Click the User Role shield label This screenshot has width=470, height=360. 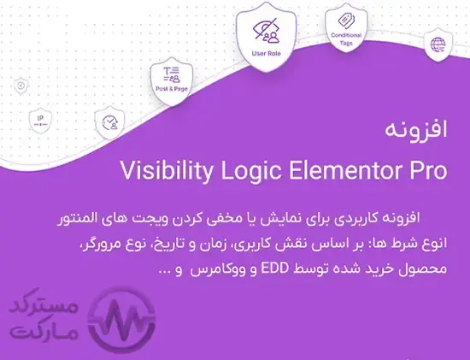[266, 54]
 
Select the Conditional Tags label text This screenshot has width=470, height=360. [346, 39]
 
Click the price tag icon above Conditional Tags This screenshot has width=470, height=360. [346, 21]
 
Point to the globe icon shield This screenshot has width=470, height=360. [438, 44]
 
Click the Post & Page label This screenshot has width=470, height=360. [172, 89]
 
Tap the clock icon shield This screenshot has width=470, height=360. [109, 122]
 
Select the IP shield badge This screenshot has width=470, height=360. [40, 121]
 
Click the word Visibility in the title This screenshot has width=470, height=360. [167, 171]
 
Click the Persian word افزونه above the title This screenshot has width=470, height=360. [416, 130]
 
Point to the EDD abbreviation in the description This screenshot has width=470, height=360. [274, 268]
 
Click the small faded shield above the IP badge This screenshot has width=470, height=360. [21, 86]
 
